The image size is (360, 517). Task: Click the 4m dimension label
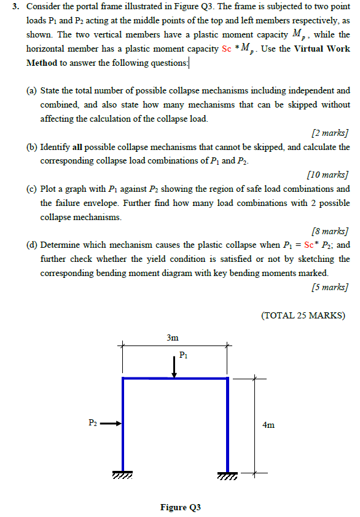268,425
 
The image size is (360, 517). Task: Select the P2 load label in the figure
92,422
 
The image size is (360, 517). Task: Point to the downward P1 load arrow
174,367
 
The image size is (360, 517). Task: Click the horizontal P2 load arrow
111,423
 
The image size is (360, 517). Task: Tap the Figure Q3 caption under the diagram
181,507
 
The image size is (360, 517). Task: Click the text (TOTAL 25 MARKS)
303,316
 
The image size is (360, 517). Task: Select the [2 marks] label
330,132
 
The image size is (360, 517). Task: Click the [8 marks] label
330,231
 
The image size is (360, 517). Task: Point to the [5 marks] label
330,287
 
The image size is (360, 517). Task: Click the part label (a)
31,90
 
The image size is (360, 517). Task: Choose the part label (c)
31,189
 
